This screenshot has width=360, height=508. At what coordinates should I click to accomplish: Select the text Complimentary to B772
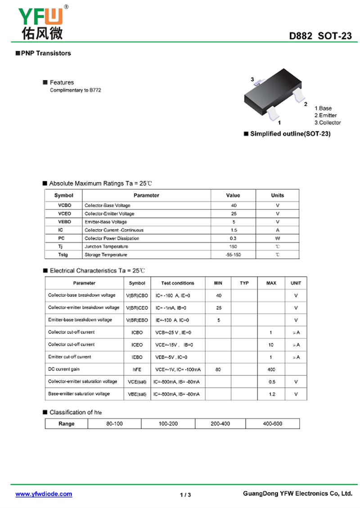(x=75, y=90)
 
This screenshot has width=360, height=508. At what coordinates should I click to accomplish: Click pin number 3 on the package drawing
(x=252, y=80)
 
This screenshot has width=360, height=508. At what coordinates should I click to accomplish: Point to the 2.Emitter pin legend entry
(x=325, y=116)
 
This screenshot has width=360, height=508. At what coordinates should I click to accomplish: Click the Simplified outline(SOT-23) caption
(x=290, y=134)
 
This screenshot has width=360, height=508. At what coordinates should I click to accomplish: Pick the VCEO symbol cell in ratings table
(x=64, y=214)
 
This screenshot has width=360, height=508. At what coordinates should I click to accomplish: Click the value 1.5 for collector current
(x=234, y=230)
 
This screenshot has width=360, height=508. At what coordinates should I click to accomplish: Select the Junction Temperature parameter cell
(x=107, y=246)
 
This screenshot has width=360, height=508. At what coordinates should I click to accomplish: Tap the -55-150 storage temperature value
(x=233, y=255)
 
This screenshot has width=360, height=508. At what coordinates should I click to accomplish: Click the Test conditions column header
(x=178, y=283)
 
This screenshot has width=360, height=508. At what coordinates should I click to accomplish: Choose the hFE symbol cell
(x=137, y=369)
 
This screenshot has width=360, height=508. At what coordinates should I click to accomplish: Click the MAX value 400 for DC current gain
(x=271, y=369)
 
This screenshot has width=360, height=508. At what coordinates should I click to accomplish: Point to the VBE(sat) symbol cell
(x=137, y=394)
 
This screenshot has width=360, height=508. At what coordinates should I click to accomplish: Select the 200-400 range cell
(x=220, y=423)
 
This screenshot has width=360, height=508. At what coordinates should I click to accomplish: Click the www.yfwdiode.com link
(x=44, y=494)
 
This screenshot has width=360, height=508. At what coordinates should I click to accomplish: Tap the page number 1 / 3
(x=185, y=495)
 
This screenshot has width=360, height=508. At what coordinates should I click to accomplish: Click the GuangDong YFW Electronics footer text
(x=297, y=494)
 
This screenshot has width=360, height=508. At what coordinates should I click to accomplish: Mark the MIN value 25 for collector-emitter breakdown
(x=219, y=308)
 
